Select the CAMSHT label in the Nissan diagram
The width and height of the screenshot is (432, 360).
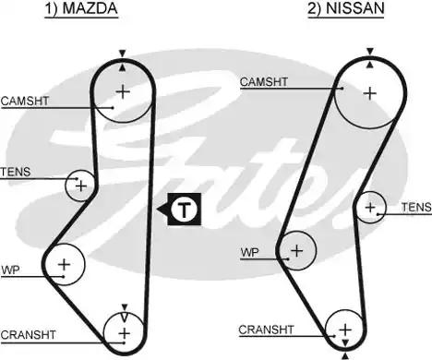[x=264, y=81]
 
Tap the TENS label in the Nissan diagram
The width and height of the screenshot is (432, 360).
[x=415, y=208]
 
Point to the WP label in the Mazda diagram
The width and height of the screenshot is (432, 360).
[x=10, y=270]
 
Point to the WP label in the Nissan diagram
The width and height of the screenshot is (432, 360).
[x=249, y=251]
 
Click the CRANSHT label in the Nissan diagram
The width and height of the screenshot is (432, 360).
[x=266, y=329]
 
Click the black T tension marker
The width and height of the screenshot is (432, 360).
[x=185, y=210]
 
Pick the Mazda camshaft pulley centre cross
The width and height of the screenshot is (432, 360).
[x=123, y=90]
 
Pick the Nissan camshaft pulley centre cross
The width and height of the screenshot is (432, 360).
[x=370, y=92]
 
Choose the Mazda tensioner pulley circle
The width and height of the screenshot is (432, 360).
[x=81, y=186]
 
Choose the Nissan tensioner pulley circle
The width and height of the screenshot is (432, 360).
[x=371, y=207]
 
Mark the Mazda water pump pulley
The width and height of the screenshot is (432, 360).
[x=64, y=266]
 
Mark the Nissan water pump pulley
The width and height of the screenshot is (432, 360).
[x=296, y=249]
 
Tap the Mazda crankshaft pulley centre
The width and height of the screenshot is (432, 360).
[x=124, y=330]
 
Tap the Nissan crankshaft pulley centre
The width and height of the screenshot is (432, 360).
[x=344, y=330]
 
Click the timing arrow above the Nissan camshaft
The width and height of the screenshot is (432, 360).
[x=370, y=52]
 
